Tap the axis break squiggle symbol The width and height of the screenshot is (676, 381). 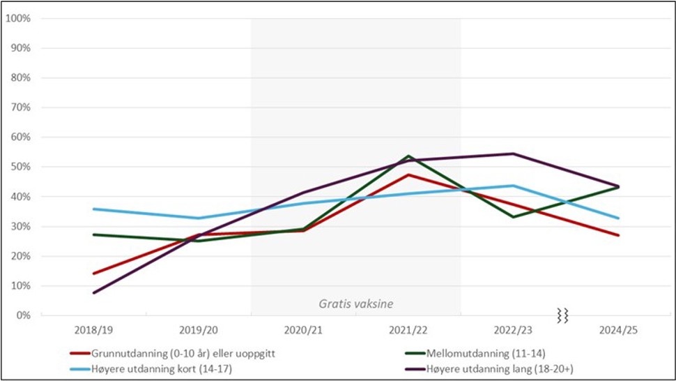coord(562,315)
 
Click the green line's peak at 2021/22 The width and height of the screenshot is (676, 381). coord(408,156)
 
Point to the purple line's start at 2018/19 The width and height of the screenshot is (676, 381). coord(93,292)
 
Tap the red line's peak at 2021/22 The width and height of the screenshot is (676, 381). coord(408,174)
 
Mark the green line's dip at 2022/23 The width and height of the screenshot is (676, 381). coord(513,217)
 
